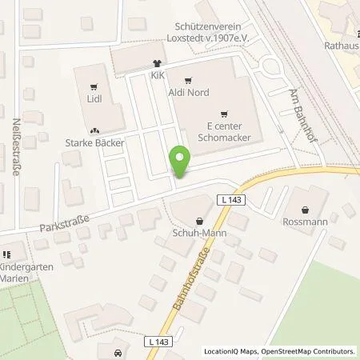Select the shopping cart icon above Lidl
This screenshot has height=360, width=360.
tap(95, 86)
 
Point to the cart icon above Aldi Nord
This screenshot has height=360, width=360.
tap(189, 81)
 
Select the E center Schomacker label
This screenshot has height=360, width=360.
tap(223, 132)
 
